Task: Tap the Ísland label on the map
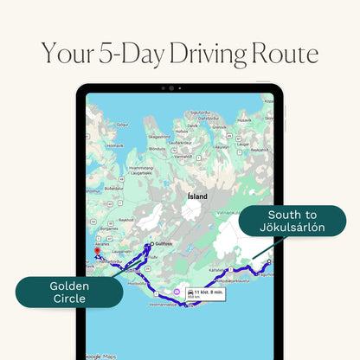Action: pyautogui.click(x=196, y=196)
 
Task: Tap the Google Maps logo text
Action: pyautogui.click(x=103, y=356)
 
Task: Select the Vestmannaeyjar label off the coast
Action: pyautogui.click(x=158, y=305)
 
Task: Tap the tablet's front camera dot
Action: pyautogui.click(x=180, y=89)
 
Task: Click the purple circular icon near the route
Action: pyautogui.click(x=178, y=293)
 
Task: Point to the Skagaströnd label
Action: pyautogui.click(x=160, y=136)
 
